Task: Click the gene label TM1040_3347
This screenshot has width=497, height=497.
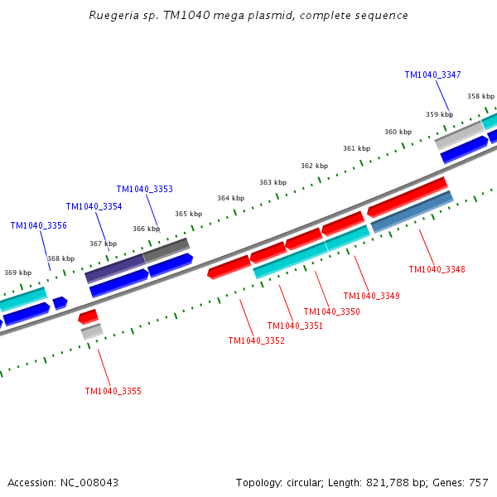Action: point(432,75)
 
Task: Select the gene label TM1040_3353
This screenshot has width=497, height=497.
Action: point(144,189)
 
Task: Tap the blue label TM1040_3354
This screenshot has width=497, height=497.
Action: point(94,206)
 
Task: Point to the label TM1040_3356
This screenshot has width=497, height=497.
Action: point(38,225)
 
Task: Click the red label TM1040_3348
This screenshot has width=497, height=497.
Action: point(437,269)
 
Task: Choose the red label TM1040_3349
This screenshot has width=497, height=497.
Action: point(371,296)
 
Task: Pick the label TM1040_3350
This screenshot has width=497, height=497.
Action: point(331,311)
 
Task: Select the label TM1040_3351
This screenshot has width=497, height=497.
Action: point(295,326)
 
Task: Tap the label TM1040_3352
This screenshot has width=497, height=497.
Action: point(256,340)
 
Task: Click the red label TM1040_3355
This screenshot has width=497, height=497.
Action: point(113,391)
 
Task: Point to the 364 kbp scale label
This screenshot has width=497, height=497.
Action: point(230,198)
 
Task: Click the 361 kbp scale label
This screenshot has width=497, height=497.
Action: point(356,148)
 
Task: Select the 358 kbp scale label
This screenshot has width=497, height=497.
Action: point(480,96)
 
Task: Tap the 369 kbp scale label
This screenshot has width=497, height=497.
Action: point(17,273)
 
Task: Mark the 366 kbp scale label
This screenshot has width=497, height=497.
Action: point(146,229)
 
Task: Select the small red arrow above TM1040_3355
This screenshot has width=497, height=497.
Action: point(88,316)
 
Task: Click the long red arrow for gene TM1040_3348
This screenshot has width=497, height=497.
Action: point(407,196)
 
